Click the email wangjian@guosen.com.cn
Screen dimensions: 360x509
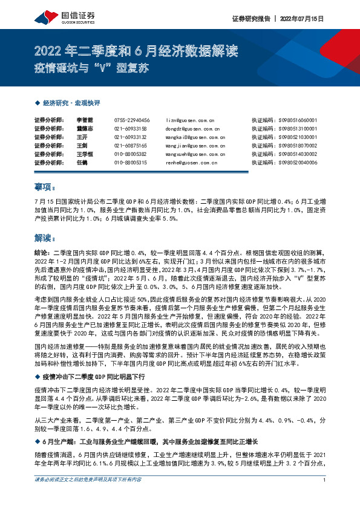pos(191,146)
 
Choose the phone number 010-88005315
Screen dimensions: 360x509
pos(131,163)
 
